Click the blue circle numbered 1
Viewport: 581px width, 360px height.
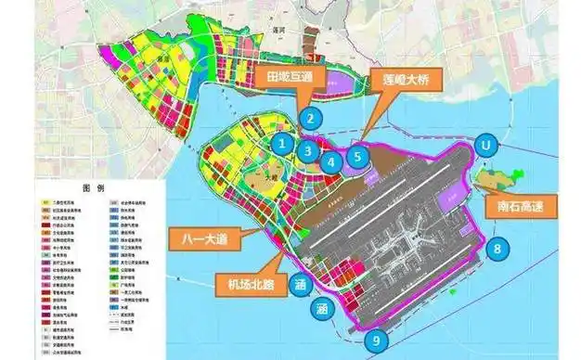(x=283, y=144)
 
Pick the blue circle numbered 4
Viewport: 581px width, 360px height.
(x=331, y=162)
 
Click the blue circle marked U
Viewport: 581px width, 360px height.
(x=483, y=146)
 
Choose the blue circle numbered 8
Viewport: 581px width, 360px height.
(x=499, y=249)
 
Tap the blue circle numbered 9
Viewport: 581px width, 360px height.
(x=377, y=341)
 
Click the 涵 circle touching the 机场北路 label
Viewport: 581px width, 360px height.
(x=300, y=283)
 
